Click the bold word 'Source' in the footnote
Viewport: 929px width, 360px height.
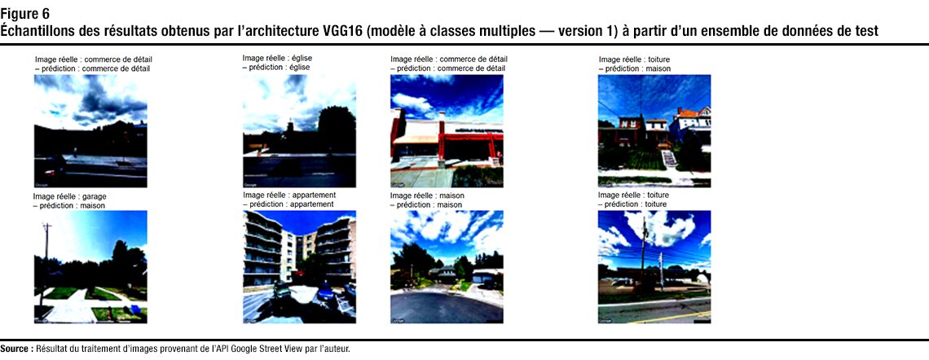point(16,349)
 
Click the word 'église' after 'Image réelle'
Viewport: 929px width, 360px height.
point(302,58)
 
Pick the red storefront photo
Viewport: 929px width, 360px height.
point(447,131)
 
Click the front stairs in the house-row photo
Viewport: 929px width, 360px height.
point(669,159)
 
